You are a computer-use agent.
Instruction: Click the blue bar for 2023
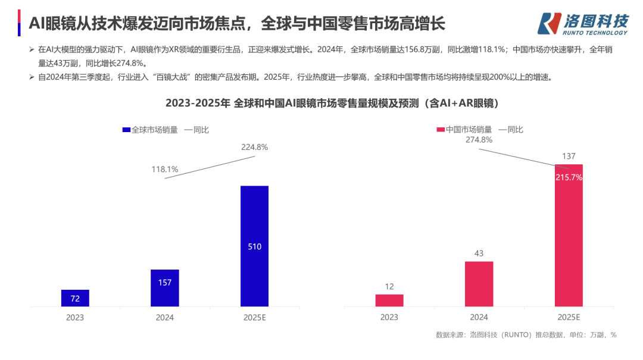pos(75,298)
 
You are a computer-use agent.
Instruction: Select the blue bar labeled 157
pos(165,288)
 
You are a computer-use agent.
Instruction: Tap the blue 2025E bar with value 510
pos(254,246)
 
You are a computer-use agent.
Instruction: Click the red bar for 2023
pos(389,300)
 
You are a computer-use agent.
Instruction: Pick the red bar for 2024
pos(479,284)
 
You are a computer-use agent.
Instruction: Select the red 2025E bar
pos(569,235)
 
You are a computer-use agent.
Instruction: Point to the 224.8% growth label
pos(254,147)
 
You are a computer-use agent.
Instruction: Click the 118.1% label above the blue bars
pos(165,169)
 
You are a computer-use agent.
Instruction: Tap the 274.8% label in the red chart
pos(479,140)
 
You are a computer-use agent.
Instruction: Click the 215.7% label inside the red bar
pos(569,177)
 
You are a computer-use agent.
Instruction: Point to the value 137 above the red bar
pos(569,156)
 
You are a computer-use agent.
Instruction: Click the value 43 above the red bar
pos(479,253)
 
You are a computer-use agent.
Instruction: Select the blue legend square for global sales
pos(126,130)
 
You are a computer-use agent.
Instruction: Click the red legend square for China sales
pos(441,130)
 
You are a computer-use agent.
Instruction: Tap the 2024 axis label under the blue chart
pos(165,318)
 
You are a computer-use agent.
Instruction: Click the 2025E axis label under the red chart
pos(569,318)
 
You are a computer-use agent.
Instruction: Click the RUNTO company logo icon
pos(549,23)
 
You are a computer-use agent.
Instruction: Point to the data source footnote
pos(526,335)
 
